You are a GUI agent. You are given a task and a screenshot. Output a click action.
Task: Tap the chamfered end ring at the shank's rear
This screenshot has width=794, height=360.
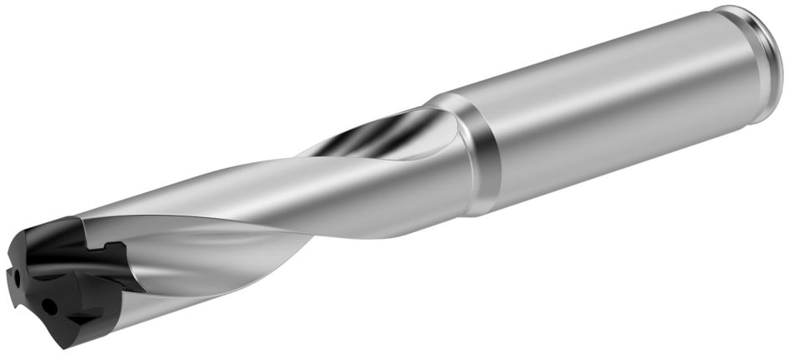click(765, 63)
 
